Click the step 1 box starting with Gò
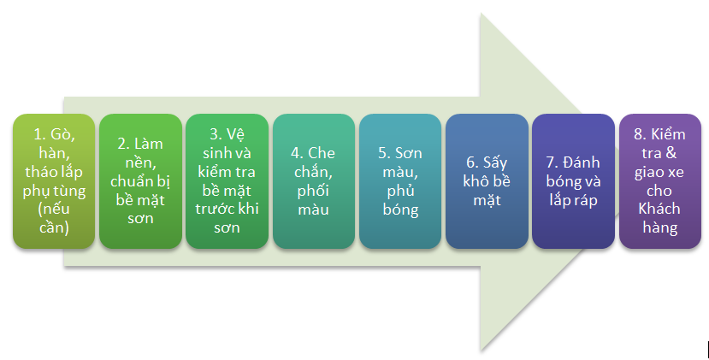pos(54,181)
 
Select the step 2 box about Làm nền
pos(140,181)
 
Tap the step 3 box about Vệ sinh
pos(227,181)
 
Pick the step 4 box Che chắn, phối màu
pos(313,181)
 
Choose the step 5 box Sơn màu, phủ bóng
pos(400,181)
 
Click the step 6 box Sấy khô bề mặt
pos(487,181)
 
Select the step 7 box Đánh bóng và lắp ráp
pos(573,181)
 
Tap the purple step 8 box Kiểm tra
pos(660,181)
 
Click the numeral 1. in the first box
pos(39,134)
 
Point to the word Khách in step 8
pos(659,209)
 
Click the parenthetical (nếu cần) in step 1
pos(54,218)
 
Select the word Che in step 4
pos(322,153)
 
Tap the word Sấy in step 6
pos(495,162)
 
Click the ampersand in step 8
pos(671,153)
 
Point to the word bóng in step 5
pos(400,210)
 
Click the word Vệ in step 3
pos(235,134)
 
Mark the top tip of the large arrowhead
pos(480,13)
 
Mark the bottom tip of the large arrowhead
pos(480,351)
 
